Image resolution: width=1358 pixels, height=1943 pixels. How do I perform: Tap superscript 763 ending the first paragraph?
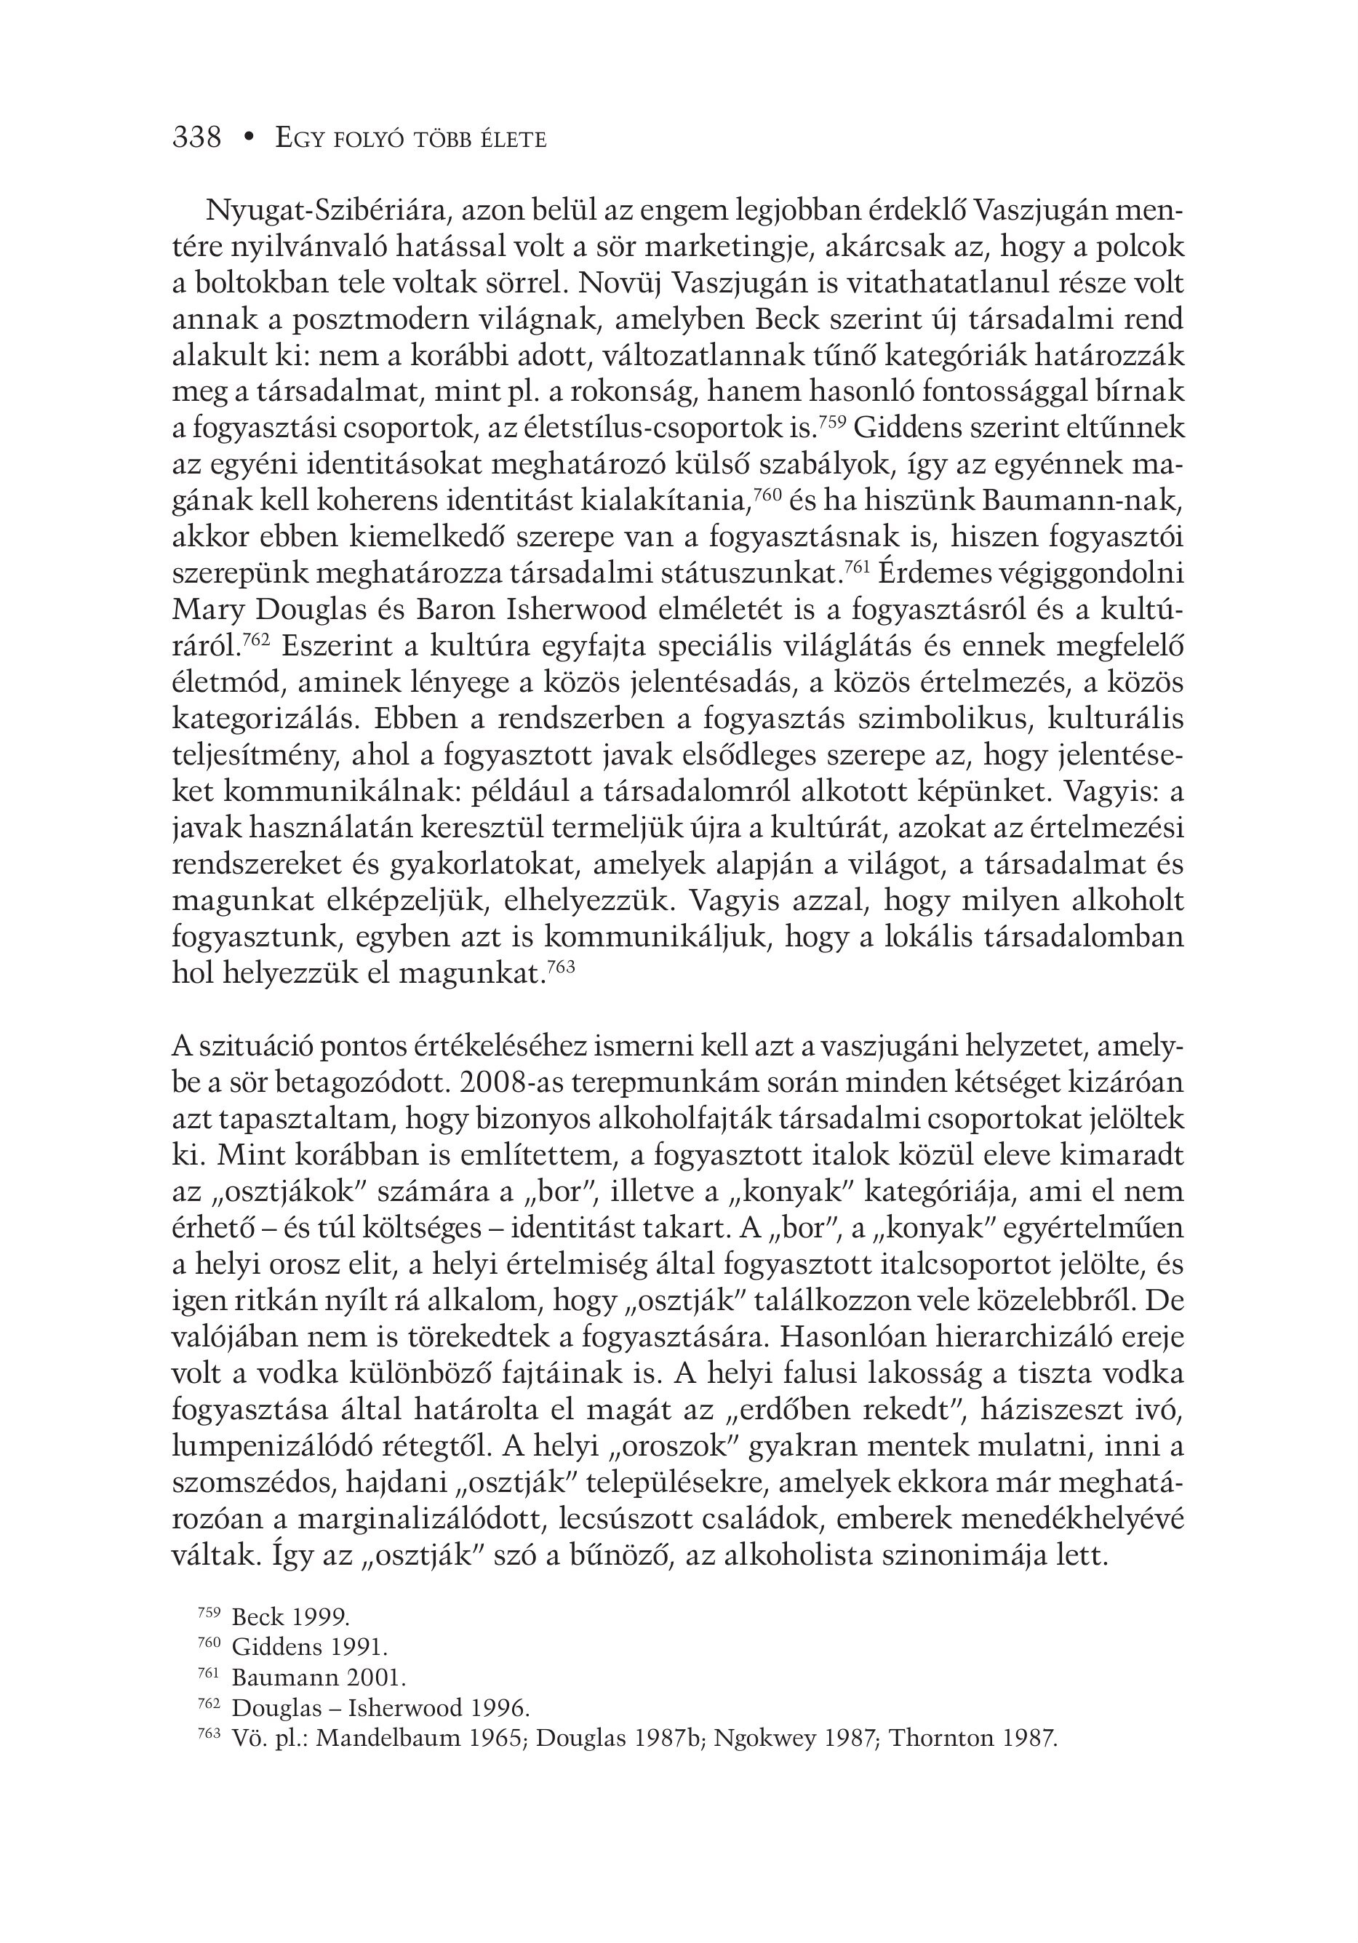click(x=561, y=965)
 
